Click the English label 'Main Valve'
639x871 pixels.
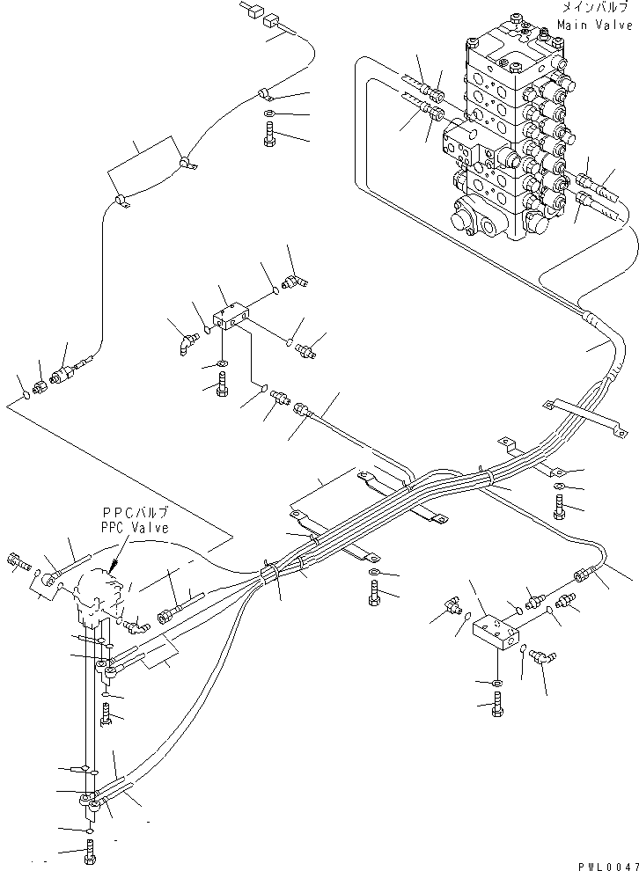596,26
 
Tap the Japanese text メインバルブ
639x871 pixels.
597,8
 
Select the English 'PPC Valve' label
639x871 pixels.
135,527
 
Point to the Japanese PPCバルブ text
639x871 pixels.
135,513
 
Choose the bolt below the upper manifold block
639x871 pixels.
220,385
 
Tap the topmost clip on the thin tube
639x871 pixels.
263,94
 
